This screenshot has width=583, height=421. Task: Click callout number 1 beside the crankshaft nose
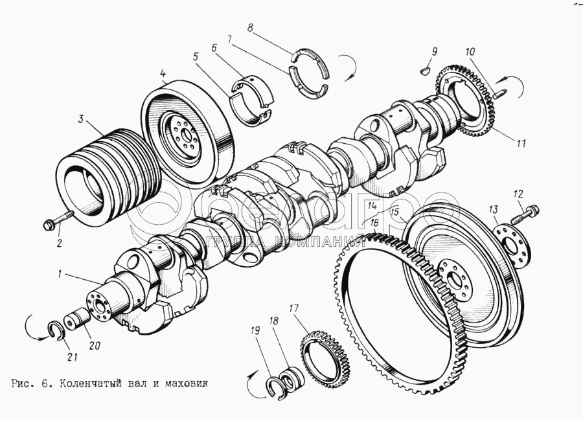(x=59, y=274)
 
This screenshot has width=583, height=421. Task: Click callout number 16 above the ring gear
(x=374, y=222)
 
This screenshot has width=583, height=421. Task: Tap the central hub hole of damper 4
(x=187, y=134)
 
